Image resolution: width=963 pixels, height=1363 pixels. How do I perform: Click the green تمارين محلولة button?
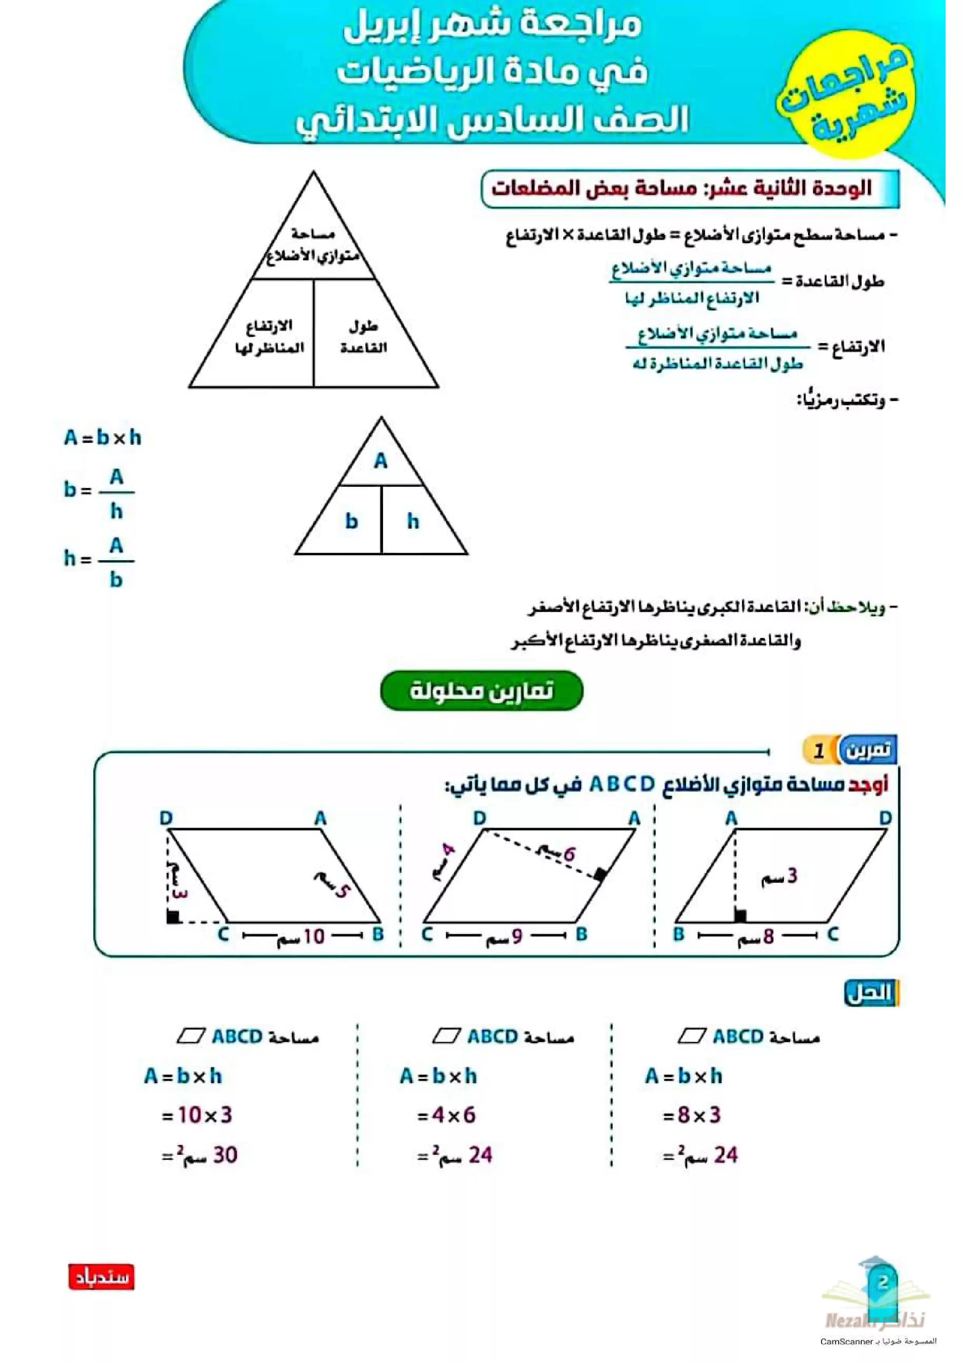pyautogui.click(x=481, y=690)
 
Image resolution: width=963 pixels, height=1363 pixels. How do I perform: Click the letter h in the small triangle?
pyautogui.click(x=413, y=521)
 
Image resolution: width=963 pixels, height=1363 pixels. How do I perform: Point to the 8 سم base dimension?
pyautogui.click(x=757, y=936)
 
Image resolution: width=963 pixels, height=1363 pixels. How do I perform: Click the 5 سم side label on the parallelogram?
pyautogui.click(x=333, y=885)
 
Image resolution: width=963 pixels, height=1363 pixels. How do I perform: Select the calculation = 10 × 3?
pyautogui.click(x=197, y=1115)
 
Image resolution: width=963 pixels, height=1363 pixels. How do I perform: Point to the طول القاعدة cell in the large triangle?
pyautogui.click(x=363, y=336)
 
